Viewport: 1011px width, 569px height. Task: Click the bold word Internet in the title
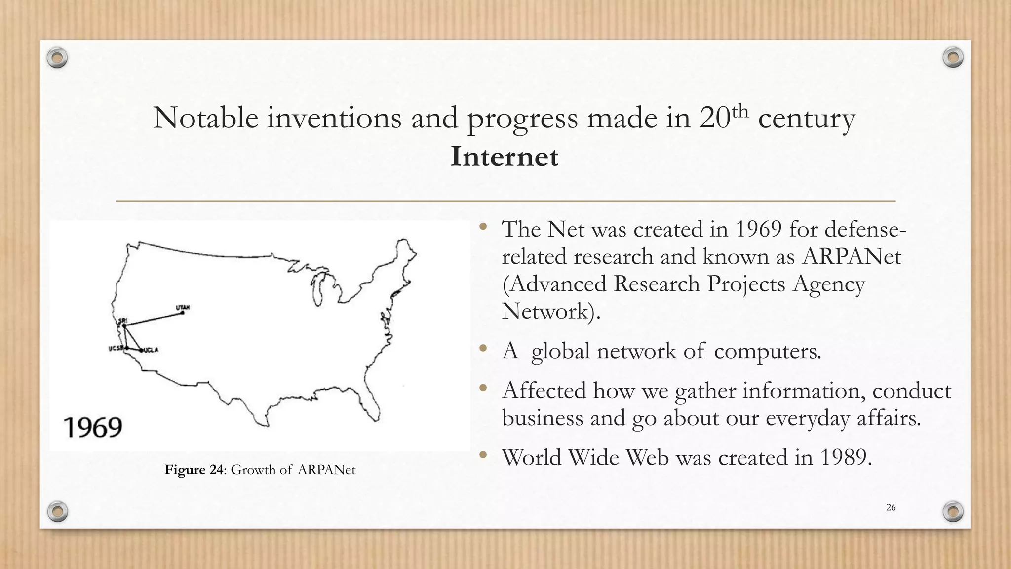coord(504,157)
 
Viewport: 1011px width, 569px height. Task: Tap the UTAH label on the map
coord(183,308)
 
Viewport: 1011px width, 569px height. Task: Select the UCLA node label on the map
coord(151,350)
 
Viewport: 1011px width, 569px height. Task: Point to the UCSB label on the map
coord(116,349)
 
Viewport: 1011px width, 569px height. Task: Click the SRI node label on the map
coord(121,320)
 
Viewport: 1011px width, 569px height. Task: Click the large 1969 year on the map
coord(93,427)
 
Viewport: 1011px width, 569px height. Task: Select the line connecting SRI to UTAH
coord(153,319)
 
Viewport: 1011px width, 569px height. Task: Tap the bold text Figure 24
coord(194,470)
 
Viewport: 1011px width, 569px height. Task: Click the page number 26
coord(891,507)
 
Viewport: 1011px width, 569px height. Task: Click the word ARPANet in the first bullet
coord(852,257)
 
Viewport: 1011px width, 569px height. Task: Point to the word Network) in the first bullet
coord(550,312)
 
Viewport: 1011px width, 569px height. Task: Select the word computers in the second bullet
coord(767,351)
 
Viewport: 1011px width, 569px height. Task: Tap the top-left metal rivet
coord(57,58)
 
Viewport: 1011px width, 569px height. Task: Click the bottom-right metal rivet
coord(953,511)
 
